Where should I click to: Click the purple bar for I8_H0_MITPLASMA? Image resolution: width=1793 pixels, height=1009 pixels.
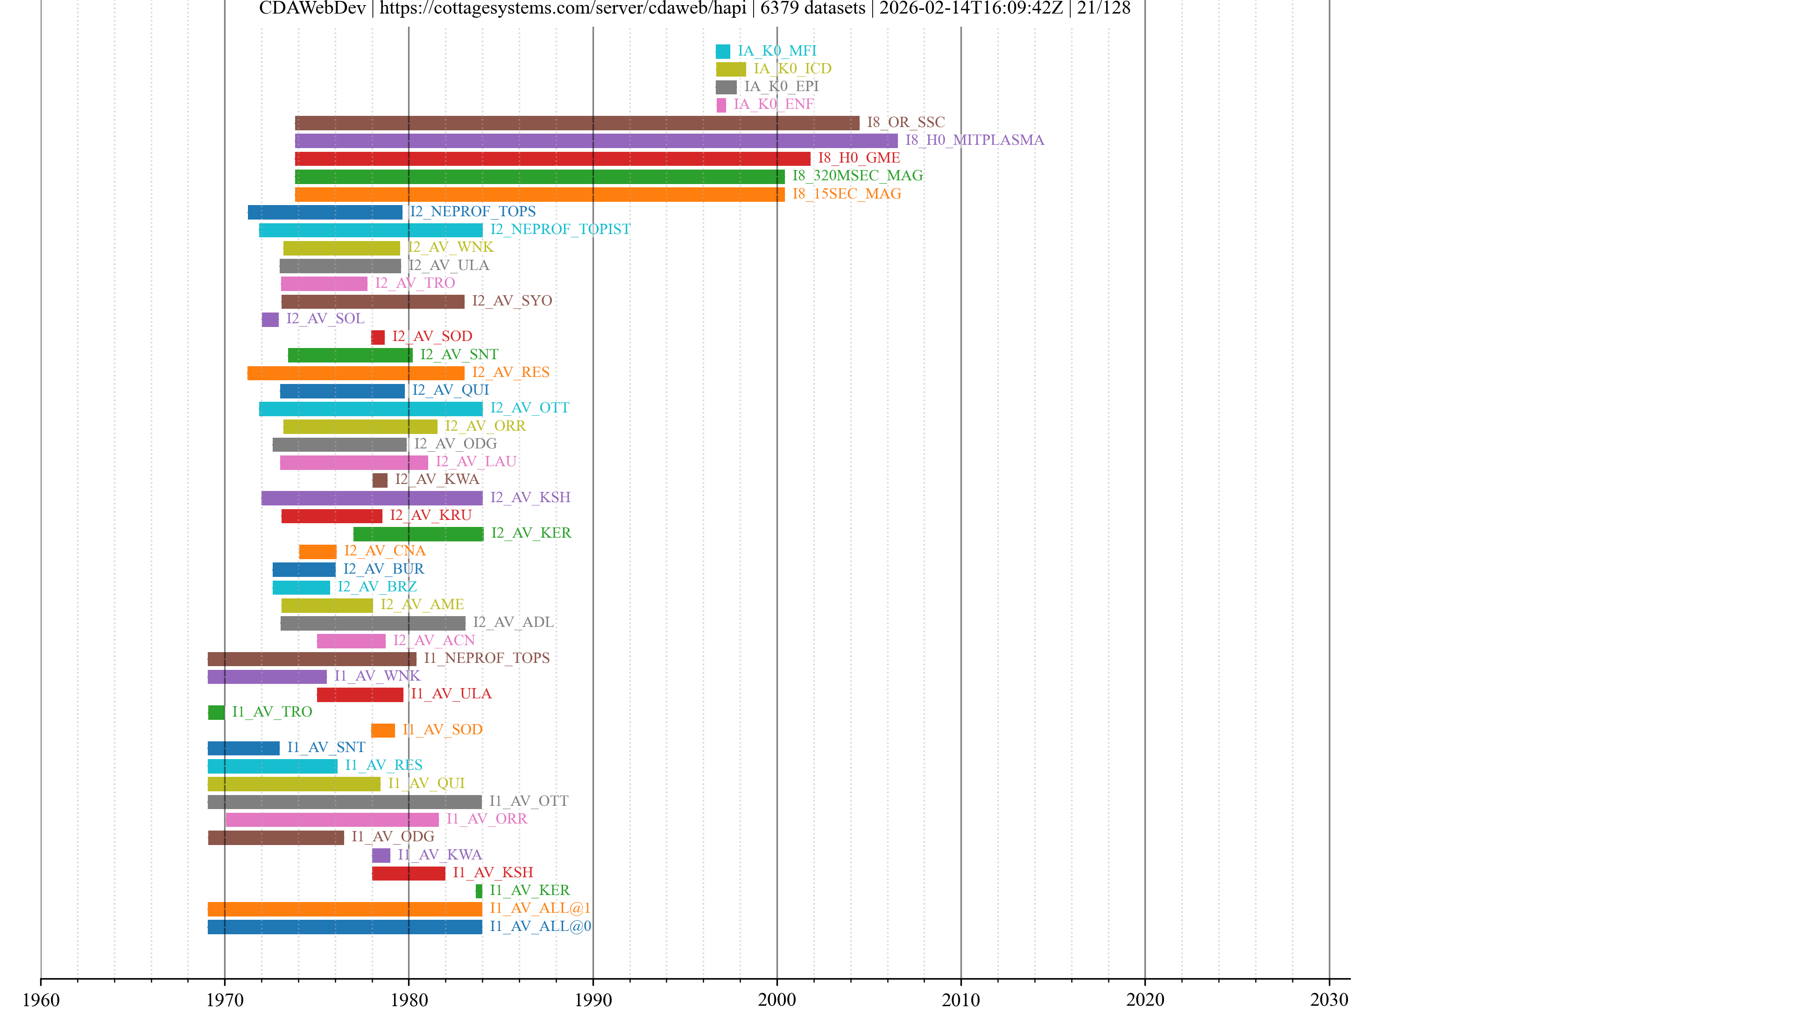click(x=596, y=141)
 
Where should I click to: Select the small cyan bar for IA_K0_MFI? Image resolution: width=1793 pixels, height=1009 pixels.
click(x=722, y=51)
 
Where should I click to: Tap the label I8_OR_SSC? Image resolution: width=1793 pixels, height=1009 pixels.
click(x=905, y=122)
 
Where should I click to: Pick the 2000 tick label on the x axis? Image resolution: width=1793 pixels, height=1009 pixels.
click(x=777, y=999)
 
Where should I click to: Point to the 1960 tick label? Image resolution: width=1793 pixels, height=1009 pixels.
click(x=41, y=999)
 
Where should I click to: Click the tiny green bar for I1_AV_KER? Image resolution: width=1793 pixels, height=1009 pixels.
click(x=479, y=891)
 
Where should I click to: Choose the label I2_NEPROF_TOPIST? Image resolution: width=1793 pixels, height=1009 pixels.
click(x=560, y=229)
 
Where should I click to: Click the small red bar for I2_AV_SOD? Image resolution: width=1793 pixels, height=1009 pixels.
click(x=378, y=337)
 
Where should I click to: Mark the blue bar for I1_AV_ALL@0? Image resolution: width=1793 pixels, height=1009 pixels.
click(x=345, y=927)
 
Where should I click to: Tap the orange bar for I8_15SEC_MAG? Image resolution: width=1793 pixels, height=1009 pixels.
click(x=539, y=194)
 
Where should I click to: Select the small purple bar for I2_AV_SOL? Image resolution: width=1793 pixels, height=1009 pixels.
click(x=270, y=319)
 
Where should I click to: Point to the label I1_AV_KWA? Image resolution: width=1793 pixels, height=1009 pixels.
click(x=440, y=854)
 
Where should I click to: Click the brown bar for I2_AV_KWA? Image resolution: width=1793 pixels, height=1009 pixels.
click(x=380, y=480)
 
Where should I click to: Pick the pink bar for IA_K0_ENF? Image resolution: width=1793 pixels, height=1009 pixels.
click(x=721, y=105)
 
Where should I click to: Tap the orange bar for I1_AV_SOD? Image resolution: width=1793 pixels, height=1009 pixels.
click(x=383, y=730)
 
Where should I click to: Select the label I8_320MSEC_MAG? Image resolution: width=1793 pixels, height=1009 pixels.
click(x=858, y=176)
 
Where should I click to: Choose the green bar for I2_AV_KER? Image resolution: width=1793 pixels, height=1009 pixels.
click(x=418, y=533)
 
